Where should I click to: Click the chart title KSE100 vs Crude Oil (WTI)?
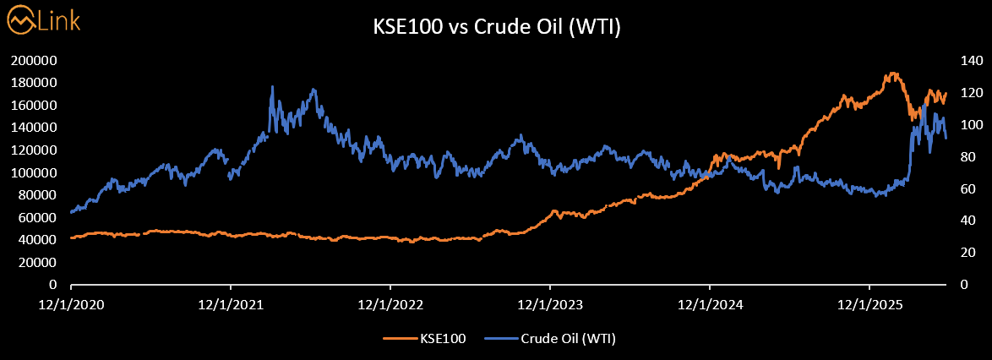point(495,29)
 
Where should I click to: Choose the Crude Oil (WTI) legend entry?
point(550,339)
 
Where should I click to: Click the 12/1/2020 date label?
point(70,305)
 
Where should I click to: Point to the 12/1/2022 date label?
point(390,305)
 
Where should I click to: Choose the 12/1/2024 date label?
point(710,305)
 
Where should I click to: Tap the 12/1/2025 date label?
point(869,305)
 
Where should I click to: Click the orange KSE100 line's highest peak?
point(892,73)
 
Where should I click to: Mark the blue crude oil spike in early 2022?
point(272,87)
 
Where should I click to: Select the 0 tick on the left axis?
point(54,285)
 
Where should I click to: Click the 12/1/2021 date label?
point(231,305)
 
